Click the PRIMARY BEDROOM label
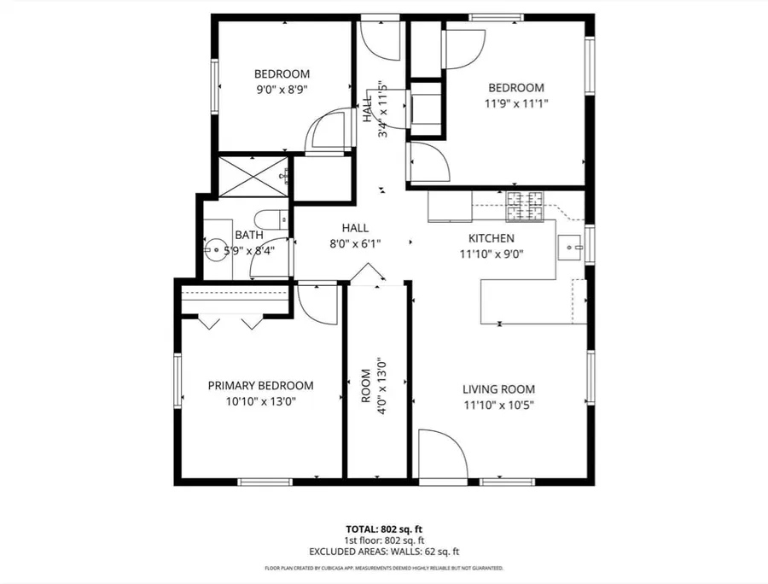[260, 386]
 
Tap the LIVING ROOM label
[498, 389]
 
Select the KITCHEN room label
[492, 238]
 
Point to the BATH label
[249, 235]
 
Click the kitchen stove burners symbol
[525, 207]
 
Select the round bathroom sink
[214, 249]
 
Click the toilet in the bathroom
[271, 220]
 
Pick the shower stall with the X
[253, 177]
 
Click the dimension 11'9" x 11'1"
[516, 103]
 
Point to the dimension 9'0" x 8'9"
[282, 90]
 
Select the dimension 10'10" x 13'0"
[260, 402]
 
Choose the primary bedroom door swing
[317, 304]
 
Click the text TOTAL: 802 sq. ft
[384, 529]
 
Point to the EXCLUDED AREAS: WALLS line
[384, 552]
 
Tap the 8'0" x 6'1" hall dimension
[355, 243]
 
